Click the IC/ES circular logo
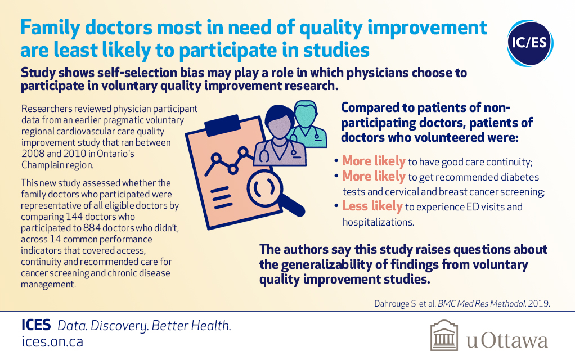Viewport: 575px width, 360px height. point(530,43)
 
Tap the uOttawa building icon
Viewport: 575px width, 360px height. point(444,335)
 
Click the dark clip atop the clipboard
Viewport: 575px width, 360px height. point(223,126)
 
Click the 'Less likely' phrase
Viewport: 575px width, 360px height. point(372,206)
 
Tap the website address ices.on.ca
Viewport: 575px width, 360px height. point(52,341)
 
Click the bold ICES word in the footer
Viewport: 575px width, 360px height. point(36,325)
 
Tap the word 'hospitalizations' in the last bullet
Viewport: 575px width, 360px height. point(378,222)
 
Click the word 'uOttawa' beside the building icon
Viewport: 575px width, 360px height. point(507,340)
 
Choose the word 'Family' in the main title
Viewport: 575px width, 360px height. point(50,28)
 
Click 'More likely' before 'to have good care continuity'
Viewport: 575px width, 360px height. point(374,161)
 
